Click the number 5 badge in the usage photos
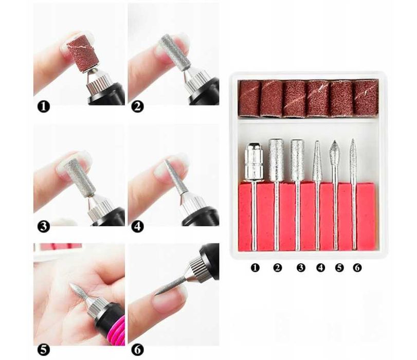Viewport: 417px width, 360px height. [43, 350]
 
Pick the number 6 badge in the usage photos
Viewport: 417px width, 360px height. [137, 350]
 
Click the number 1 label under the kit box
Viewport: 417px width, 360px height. [255, 267]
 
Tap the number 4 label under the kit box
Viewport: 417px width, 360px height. [321, 267]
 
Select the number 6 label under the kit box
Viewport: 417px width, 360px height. [357, 267]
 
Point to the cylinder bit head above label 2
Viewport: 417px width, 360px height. [276, 159]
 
